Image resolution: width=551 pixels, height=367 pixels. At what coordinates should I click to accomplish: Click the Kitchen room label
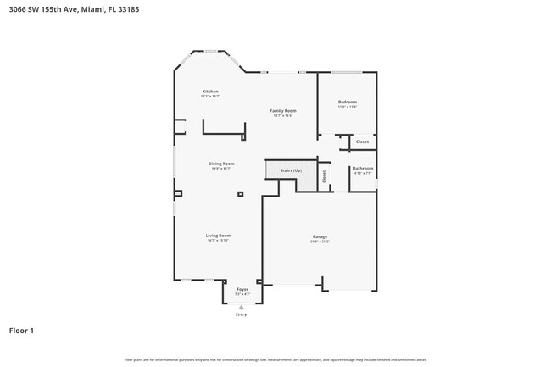pyautogui.click(x=210, y=91)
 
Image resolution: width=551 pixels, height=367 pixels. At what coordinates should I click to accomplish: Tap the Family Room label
pyautogui.click(x=282, y=111)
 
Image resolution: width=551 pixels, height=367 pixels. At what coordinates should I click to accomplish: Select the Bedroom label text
pyautogui.click(x=348, y=102)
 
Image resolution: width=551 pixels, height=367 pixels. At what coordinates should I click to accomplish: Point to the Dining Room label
pyautogui.click(x=221, y=164)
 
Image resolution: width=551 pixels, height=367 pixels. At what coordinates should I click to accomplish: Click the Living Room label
pyautogui.click(x=218, y=235)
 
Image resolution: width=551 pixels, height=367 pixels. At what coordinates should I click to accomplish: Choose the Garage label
pyautogui.click(x=320, y=236)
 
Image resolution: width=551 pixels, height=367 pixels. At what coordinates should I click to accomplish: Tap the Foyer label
pyautogui.click(x=242, y=289)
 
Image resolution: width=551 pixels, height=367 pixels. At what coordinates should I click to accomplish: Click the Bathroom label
pyautogui.click(x=363, y=168)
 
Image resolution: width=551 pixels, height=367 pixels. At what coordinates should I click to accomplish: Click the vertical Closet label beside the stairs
pyautogui.click(x=323, y=175)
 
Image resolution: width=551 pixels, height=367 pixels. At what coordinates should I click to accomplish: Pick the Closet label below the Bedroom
pyautogui.click(x=362, y=142)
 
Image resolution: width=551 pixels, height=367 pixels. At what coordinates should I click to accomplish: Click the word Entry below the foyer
pyautogui.click(x=242, y=314)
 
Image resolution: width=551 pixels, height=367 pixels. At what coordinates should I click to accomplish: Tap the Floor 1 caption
pyautogui.click(x=21, y=330)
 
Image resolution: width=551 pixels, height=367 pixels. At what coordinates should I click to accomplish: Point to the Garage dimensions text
pyautogui.click(x=320, y=242)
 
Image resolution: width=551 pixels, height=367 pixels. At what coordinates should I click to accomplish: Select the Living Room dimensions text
pyautogui.click(x=218, y=240)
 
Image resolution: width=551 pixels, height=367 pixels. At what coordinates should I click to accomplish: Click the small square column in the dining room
pyautogui.click(x=241, y=194)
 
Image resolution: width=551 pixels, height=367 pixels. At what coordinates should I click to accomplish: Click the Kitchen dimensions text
pyautogui.click(x=210, y=96)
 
